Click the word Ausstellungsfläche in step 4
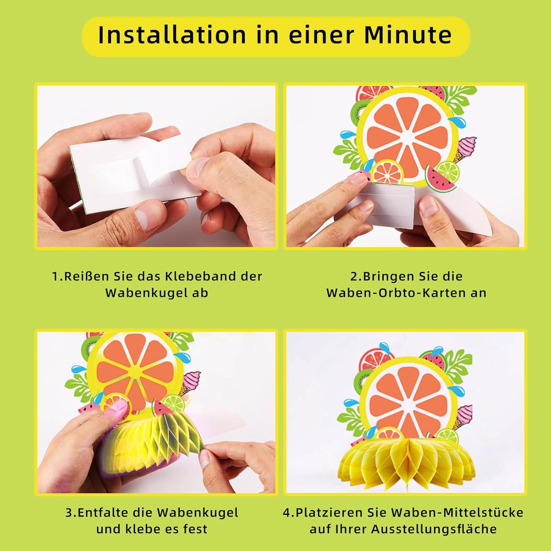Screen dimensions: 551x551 tap(434, 529)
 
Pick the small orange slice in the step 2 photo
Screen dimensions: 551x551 tap(387, 172)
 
